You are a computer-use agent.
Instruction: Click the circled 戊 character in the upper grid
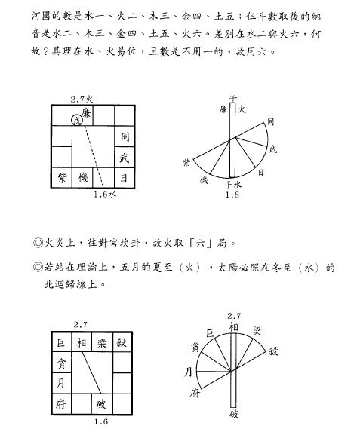click(x=77, y=119)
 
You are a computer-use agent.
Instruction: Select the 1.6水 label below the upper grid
click(x=104, y=195)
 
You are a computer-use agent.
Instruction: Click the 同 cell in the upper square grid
click(x=125, y=136)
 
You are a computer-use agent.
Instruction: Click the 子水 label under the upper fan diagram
click(x=232, y=185)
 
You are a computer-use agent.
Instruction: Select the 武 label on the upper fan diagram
click(x=272, y=149)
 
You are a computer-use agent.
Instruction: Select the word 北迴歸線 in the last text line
click(x=69, y=285)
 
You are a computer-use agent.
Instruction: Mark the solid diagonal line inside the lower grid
click(x=91, y=373)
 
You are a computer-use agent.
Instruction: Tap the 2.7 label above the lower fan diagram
click(x=233, y=315)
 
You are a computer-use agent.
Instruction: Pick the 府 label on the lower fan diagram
click(x=195, y=394)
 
